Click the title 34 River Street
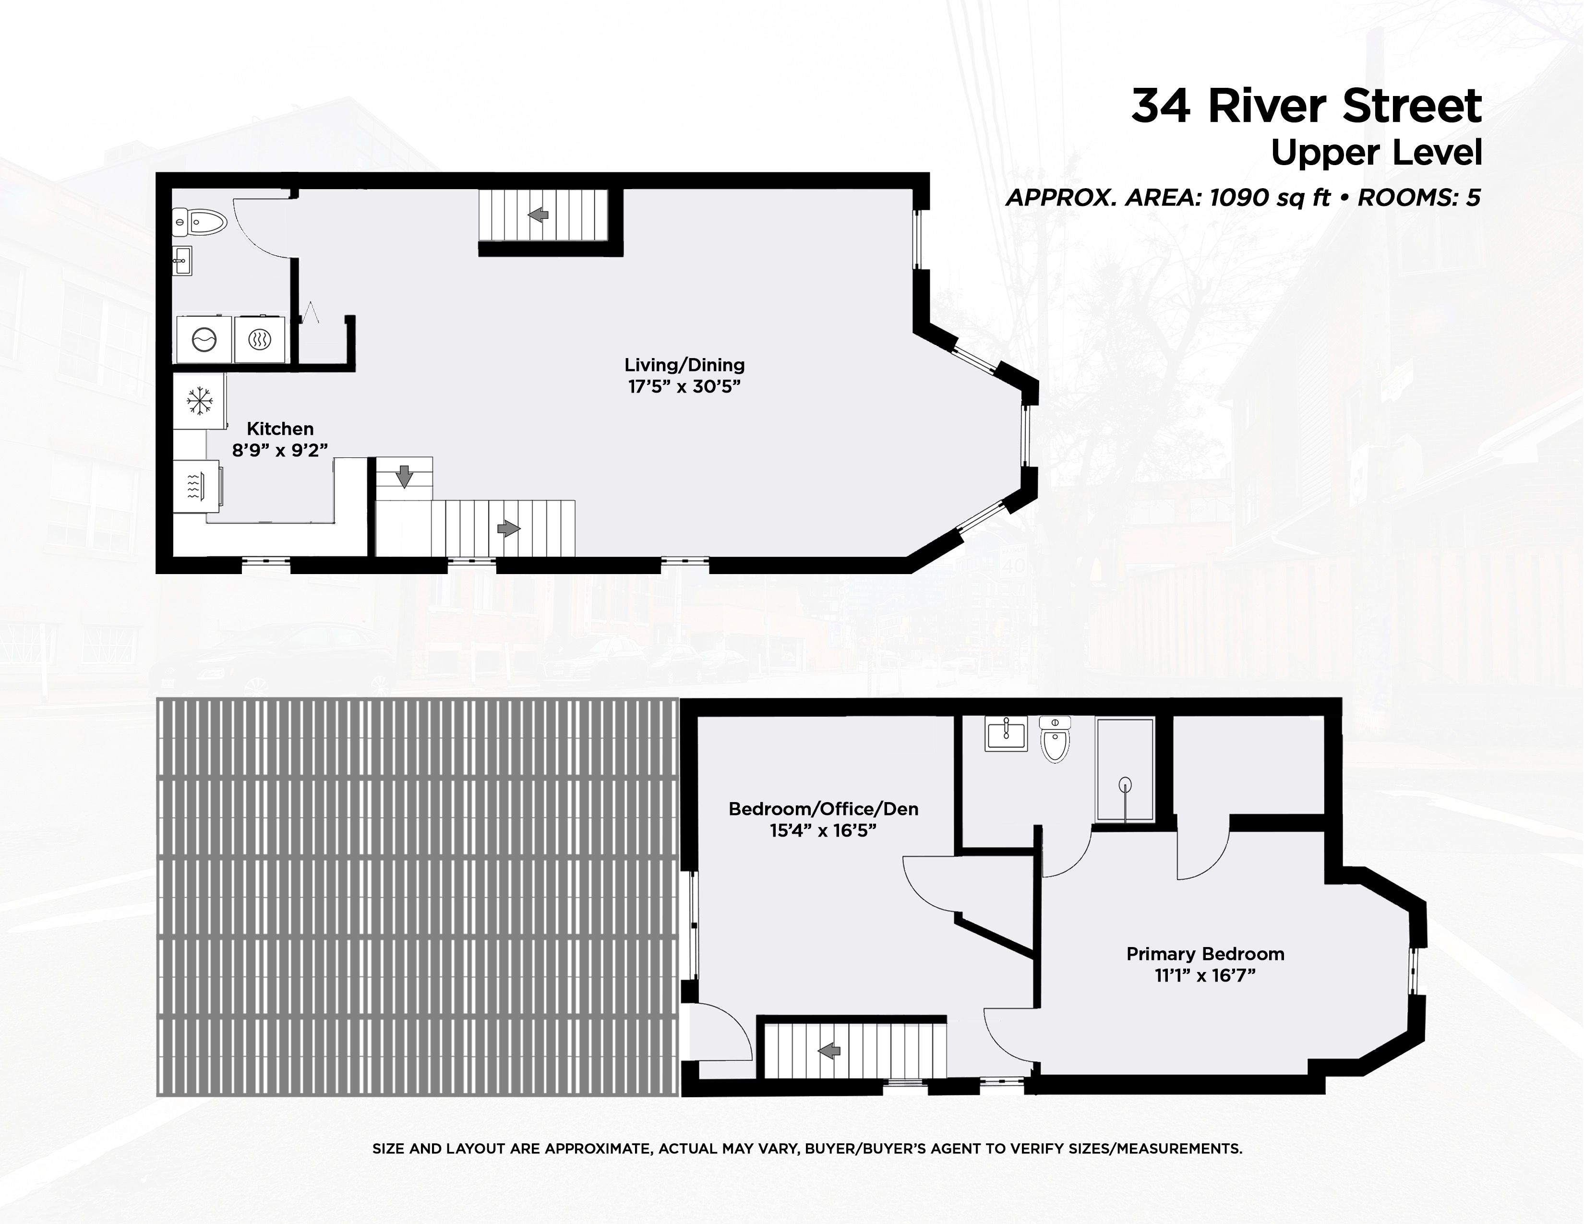click(1306, 106)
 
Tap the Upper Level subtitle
click(1376, 154)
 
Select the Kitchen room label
click(280, 429)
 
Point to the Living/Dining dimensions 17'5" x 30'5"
click(684, 386)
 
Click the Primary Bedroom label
click(1205, 954)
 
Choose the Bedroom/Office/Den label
click(823, 809)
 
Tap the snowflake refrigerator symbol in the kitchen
click(199, 401)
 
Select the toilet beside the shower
click(1055, 738)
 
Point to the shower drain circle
click(1125, 783)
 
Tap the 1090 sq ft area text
click(1269, 197)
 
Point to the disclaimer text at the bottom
click(807, 1149)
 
